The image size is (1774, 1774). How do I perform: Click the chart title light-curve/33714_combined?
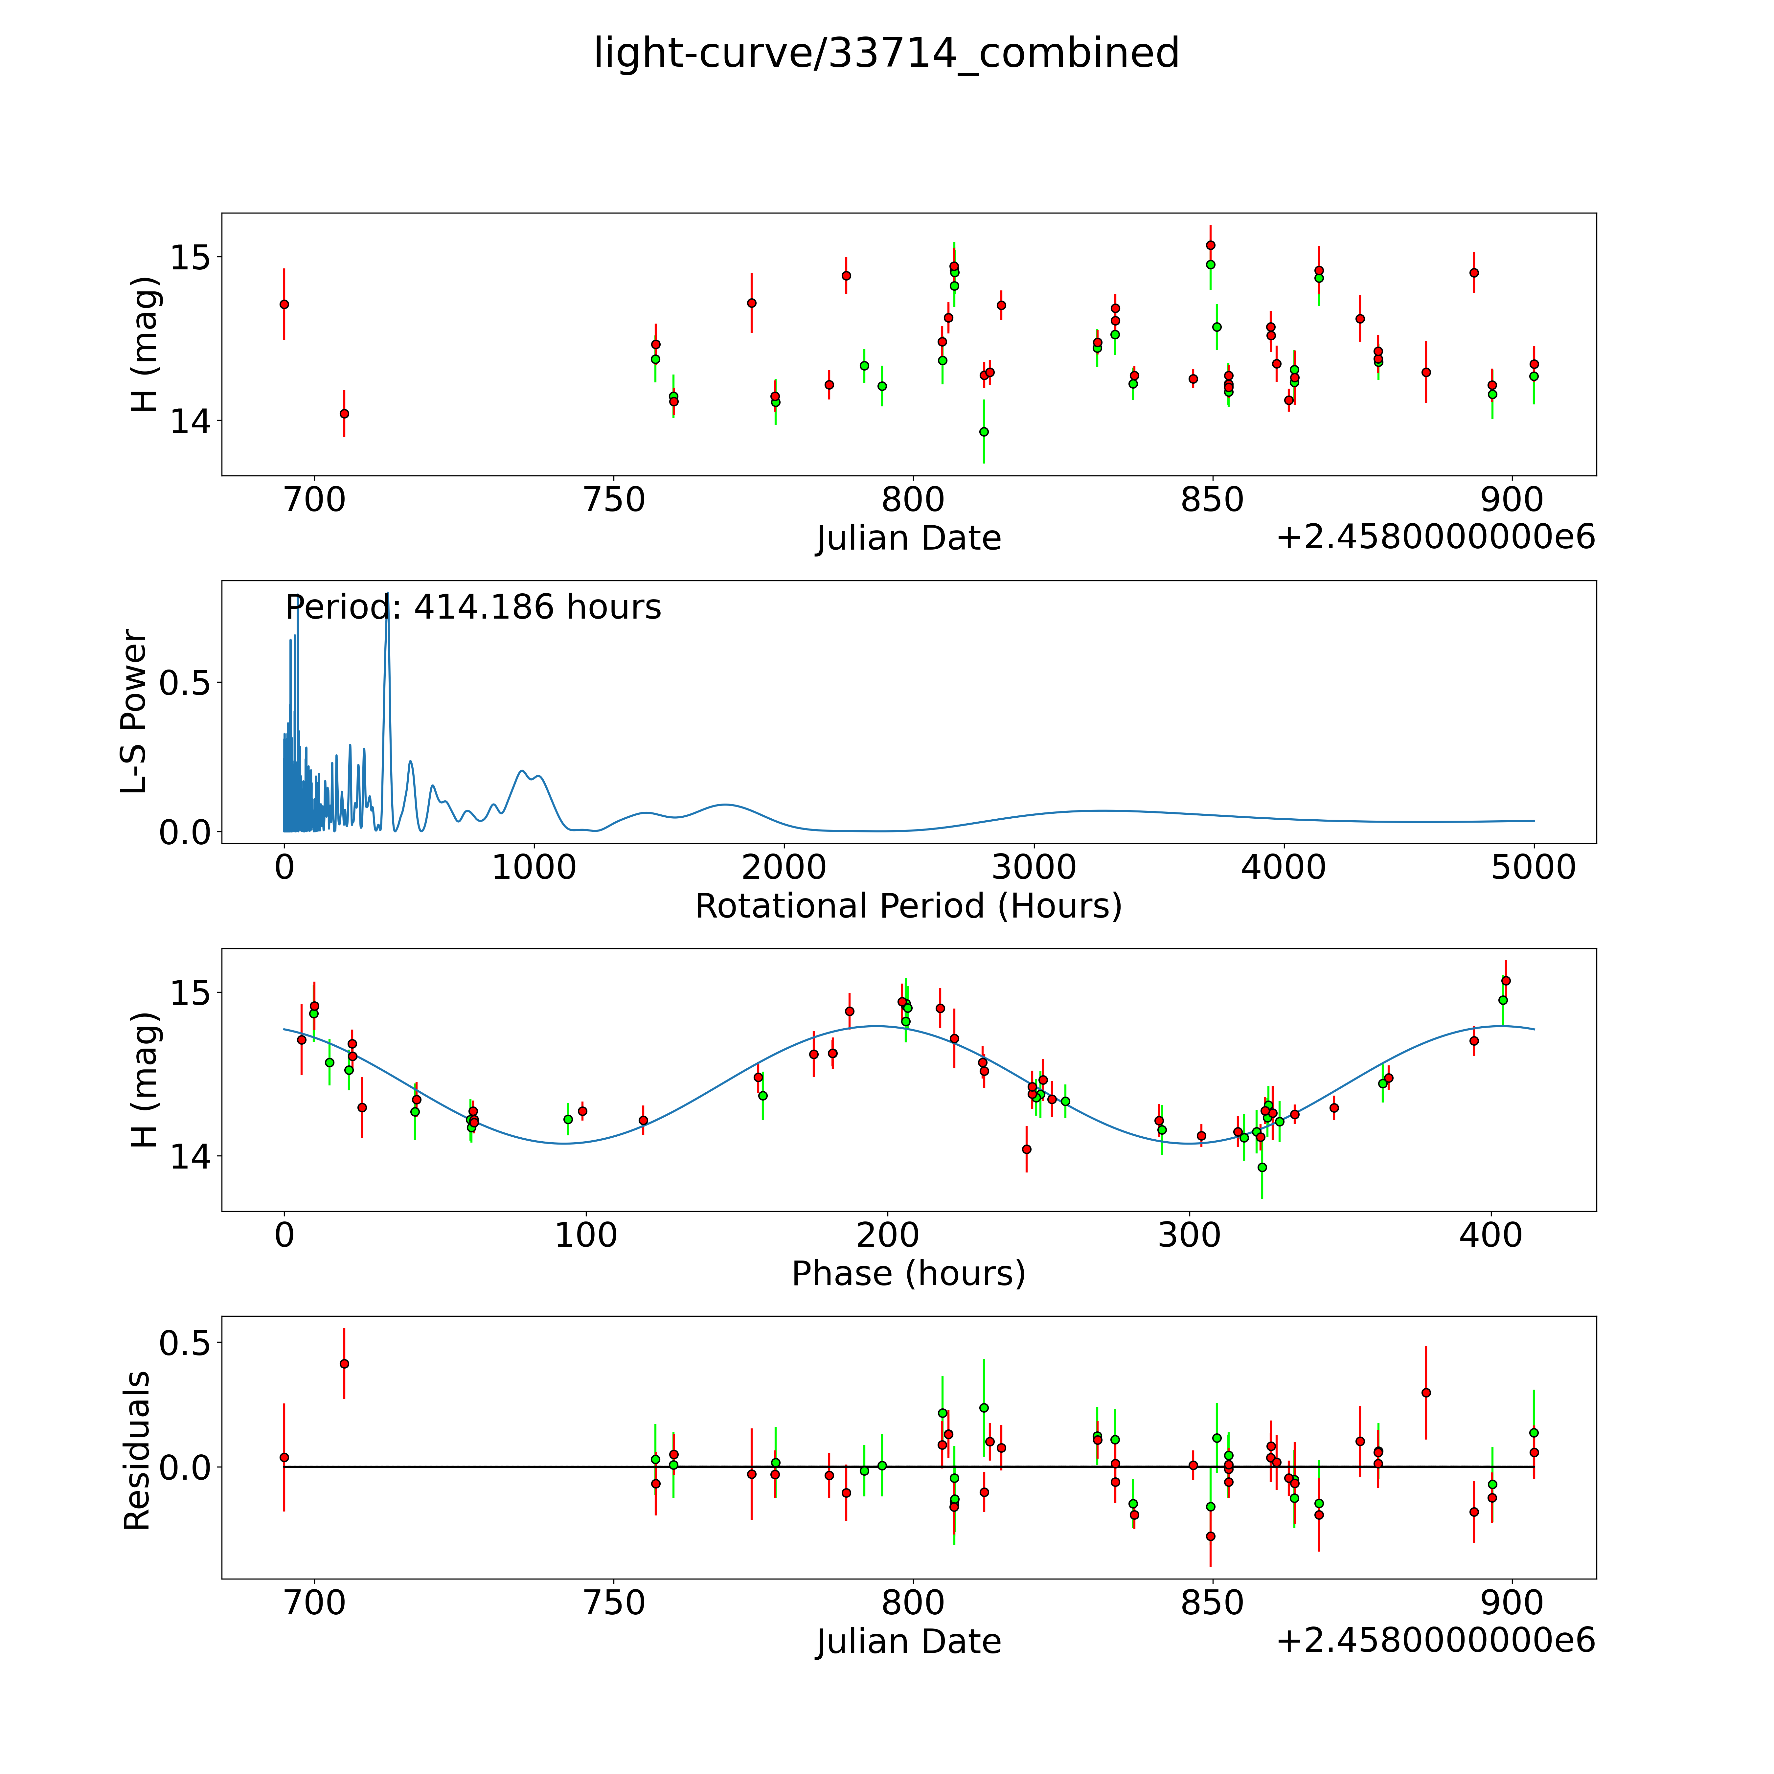tap(886, 53)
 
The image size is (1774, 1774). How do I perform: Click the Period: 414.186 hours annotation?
tap(473, 608)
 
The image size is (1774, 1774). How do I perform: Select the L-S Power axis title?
tap(135, 712)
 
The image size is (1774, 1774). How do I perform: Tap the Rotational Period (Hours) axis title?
tap(908, 906)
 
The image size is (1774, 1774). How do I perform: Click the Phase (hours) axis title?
tap(908, 1274)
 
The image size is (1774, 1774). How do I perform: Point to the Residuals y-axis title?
tap(137, 1451)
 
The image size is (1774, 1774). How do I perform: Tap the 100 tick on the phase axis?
tap(586, 1235)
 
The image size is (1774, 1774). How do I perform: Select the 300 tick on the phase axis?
tap(1189, 1235)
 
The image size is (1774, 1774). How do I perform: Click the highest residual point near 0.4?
tap(344, 1364)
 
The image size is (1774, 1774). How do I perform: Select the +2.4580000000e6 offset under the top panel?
tap(1435, 537)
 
